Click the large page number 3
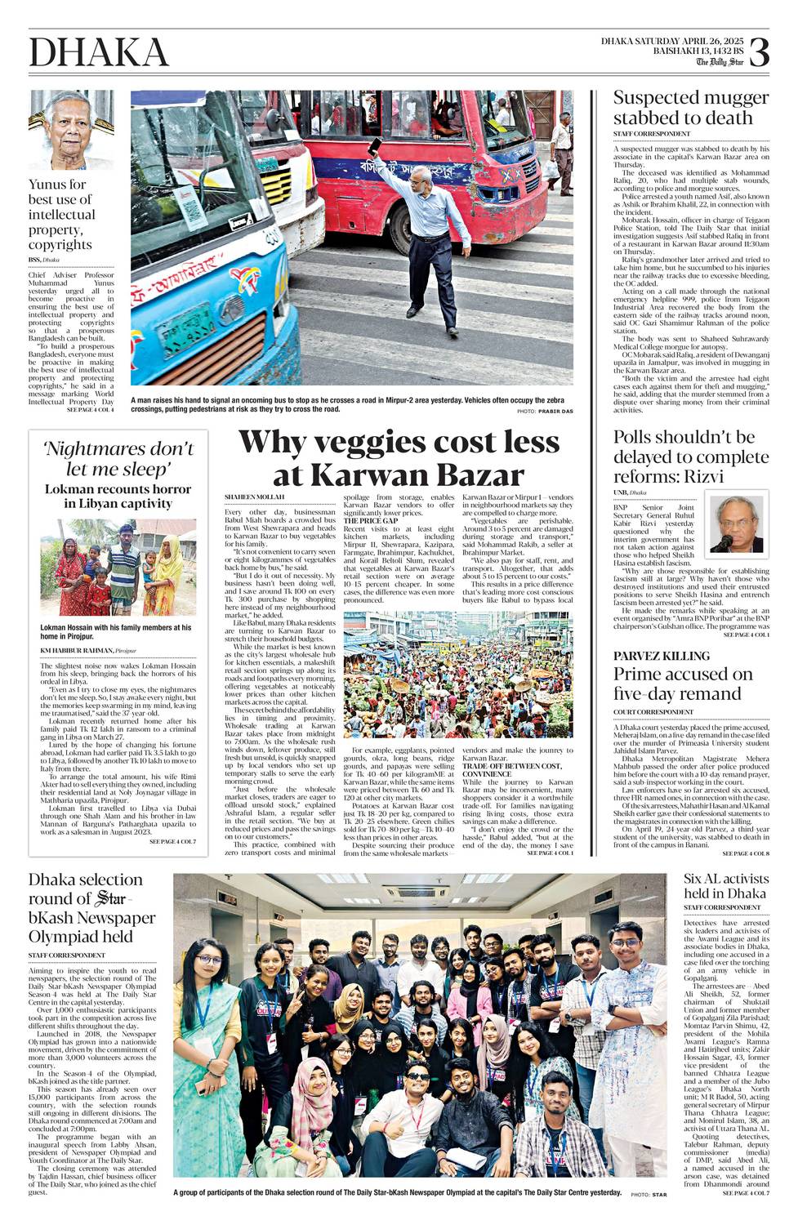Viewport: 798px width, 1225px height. click(x=758, y=52)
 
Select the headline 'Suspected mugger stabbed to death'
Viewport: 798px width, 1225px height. click(x=691, y=108)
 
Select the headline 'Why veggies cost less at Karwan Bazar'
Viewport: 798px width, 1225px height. click(x=399, y=458)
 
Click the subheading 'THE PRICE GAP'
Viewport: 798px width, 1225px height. click(x=370, y=520)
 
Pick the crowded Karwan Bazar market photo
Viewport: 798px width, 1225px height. click(x=458, y=675)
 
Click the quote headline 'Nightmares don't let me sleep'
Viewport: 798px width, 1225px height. click(x=118, y=459)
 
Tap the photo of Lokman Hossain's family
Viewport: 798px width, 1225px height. click(x=118, y=567)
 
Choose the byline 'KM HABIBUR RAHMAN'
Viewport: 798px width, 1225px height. click(x=78, y=650)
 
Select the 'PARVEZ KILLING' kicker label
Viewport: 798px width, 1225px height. click(x=662, y=656)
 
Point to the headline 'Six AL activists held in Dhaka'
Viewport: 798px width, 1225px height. click(x=726, y=886)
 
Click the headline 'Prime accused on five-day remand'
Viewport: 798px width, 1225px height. click(x=683, y=684)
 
